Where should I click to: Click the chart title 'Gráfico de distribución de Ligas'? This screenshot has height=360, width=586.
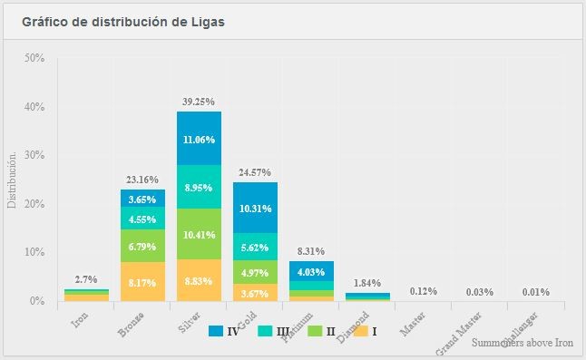(x=130, y=21)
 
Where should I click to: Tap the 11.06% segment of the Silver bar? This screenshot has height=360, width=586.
(x=199, y=139)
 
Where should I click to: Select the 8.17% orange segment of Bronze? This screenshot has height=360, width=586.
(x=142, y=282)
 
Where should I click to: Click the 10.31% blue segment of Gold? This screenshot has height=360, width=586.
(x=255, y=208)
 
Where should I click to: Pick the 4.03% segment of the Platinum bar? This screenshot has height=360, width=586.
(x=311, y=270)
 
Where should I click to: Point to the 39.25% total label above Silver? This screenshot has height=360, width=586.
(x=199, y=102)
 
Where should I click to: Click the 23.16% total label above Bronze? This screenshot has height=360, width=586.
(x=142, y=180)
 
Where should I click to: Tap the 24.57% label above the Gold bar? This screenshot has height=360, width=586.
(x=255, y=172)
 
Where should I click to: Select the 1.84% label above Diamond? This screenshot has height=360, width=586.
(x=367, y=283)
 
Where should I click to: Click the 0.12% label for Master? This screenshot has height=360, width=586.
(x=424, y=291)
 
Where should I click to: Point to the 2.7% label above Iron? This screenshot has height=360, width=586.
(x=86, y=279)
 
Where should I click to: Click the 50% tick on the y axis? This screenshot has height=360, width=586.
(x=35, y=58)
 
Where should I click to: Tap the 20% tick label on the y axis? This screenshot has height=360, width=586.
(x=35, y=204)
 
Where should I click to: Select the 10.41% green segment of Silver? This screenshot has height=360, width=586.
(x=199, y=234)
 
